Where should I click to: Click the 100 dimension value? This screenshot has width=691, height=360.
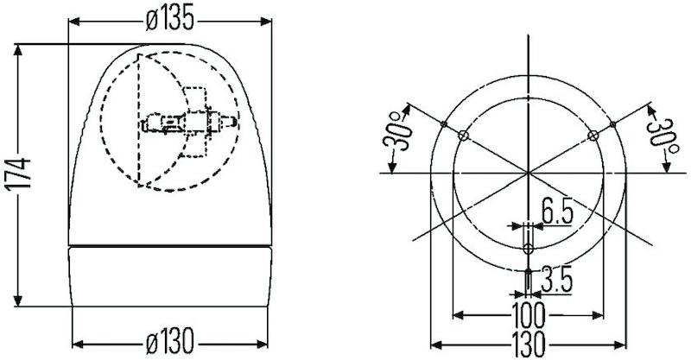pyautogui.click(x=529, y=311)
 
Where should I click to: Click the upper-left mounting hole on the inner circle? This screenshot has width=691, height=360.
pyautogui.click(x=464, y=135)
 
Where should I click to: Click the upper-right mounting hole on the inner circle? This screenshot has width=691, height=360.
pyautogui.click(x=593, y=135)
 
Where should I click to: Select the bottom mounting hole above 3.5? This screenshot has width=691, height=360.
pyautogui.click(x=529, y=249)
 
